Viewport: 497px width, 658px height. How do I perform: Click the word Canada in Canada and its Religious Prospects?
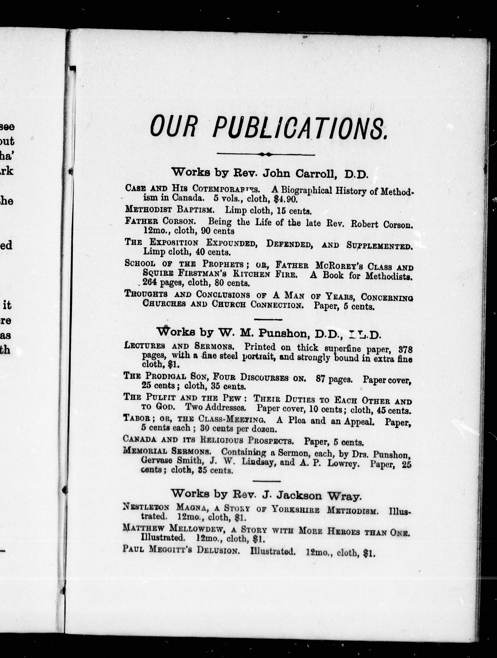(140, 439)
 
